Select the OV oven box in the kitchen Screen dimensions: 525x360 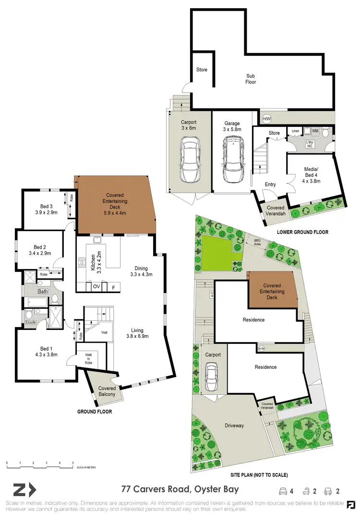(96, 287)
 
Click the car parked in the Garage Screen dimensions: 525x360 (231, 159)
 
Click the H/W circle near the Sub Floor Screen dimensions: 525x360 (266, 118)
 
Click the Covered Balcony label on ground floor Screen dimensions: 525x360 (107, 391)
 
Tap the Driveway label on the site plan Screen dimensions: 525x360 (234, 426)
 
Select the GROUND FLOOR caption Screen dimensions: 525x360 (95, 412)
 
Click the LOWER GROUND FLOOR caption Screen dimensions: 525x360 (302, 232)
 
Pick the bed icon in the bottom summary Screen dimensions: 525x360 (283, 490)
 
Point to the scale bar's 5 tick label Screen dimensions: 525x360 (72, 463)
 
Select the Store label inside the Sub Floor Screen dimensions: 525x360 (202, 70)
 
